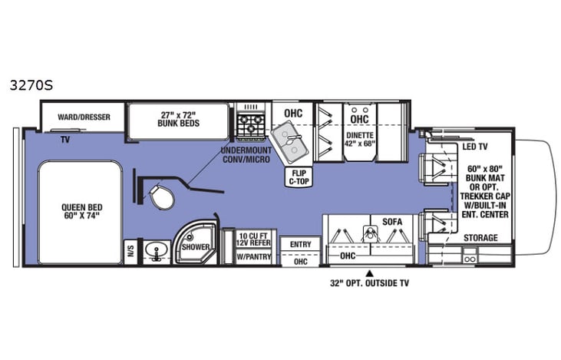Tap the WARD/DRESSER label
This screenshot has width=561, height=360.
85,117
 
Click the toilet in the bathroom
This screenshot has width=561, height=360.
162,197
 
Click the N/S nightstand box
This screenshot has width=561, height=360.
131,252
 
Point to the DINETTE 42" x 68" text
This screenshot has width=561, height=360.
358,142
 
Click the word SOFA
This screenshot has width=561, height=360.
392,221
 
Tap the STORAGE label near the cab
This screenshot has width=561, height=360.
480,238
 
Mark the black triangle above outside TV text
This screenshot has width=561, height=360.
369,272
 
